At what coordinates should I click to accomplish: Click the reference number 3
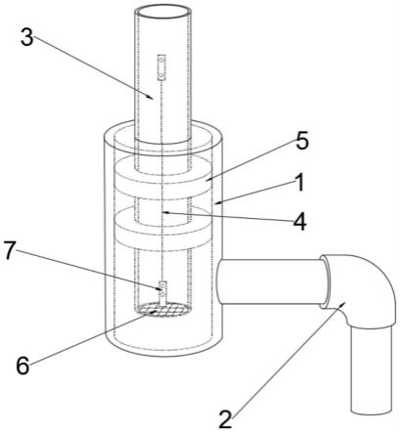point(26,37)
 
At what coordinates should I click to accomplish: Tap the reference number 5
point(302,141)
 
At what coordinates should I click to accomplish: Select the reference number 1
point(300,182)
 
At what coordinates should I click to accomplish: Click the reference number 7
point(10,251)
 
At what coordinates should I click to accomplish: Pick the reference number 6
point(23,366)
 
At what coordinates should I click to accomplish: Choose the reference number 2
point(225,419)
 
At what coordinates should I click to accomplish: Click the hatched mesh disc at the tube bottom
point(161,309)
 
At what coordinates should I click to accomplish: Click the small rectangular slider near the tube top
point(161,67)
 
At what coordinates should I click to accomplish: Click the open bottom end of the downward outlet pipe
point(371,410)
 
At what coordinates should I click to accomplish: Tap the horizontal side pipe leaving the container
point(271,281)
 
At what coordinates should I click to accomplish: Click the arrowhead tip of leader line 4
point(163,212)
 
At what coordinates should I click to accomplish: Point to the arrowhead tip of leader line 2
point(345,302)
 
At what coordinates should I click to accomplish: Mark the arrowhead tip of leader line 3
point(154,99)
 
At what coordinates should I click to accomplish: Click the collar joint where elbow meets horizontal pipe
point(324,281)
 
